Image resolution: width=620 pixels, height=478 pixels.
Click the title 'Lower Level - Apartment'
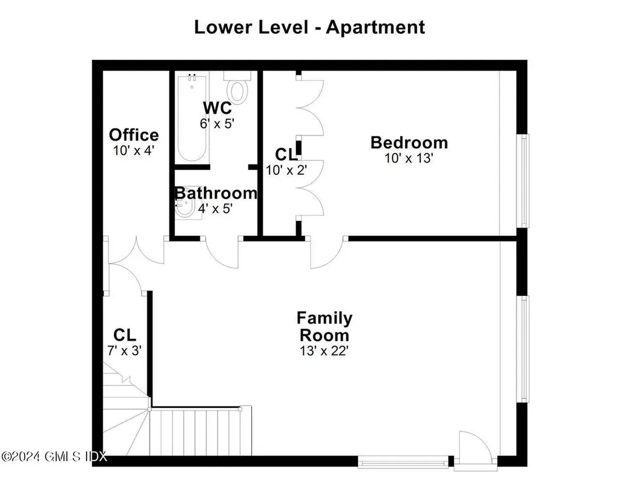tap(309, 27)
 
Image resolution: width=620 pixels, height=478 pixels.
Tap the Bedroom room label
tap(409, 143)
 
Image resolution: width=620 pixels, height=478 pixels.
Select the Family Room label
tap(324, 326)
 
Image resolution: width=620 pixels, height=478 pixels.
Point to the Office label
tap(134, 135)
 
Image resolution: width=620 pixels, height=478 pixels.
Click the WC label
tap(217, 108)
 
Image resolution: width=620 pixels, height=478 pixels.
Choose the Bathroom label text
tap(216, 193)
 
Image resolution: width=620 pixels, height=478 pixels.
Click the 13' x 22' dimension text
tap(324, 351)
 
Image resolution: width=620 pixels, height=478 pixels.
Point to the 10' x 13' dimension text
tap(409, 159)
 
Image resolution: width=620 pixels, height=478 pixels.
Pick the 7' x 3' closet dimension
tap(124, 350)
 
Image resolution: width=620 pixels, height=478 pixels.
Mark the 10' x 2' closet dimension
tap(287, 170)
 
